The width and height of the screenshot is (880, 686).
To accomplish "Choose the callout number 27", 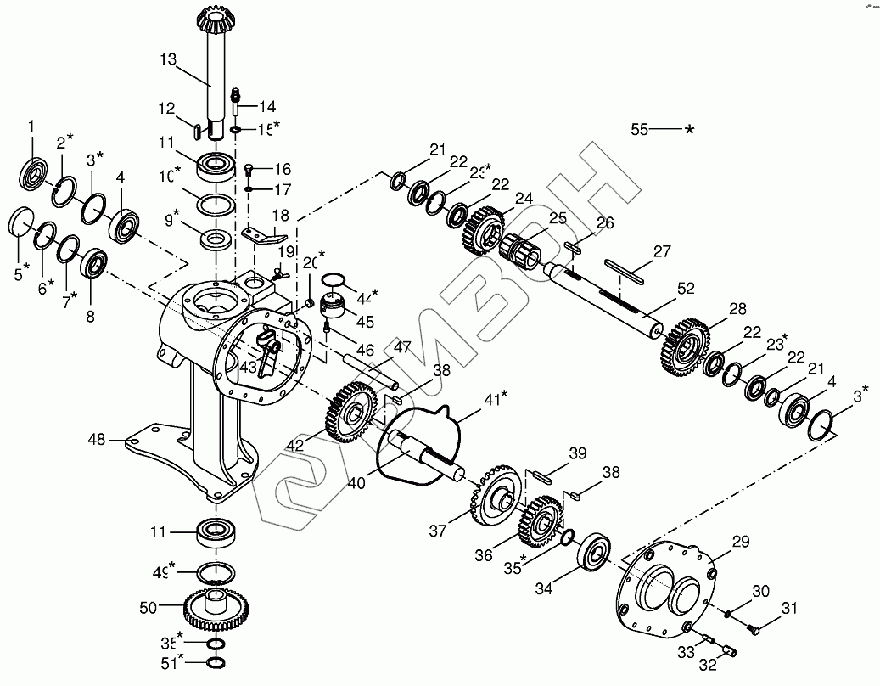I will (x=662, y=251).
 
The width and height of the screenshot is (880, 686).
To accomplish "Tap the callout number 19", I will (x=287, y=251).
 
